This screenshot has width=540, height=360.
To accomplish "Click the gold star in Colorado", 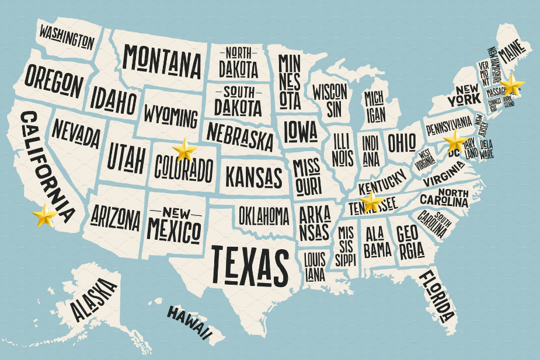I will pyautogui.click(x=185, y=150).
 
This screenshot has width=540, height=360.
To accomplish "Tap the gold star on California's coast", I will pyautogui.click(x=45, y=215).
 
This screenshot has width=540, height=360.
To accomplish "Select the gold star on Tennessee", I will pyautogui.click(x=371, y=202).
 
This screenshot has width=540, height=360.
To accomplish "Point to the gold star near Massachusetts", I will pyautogui.click(x=513, y=85).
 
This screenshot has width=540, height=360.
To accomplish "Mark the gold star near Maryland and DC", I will pyautogui.click(x=455, y=141).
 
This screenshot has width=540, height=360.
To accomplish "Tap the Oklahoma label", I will pyautogui.click(x=264, y=216).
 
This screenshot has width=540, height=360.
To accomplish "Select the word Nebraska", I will pyautogui.click(x=240, y=136).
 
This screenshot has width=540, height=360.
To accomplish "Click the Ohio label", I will pyautogui.click(x=402, y=142).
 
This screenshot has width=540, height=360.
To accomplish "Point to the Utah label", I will pyautogui.click(x=126, y=157).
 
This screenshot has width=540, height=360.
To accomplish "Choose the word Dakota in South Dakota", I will pyautogui.click(x=238, y=107).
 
